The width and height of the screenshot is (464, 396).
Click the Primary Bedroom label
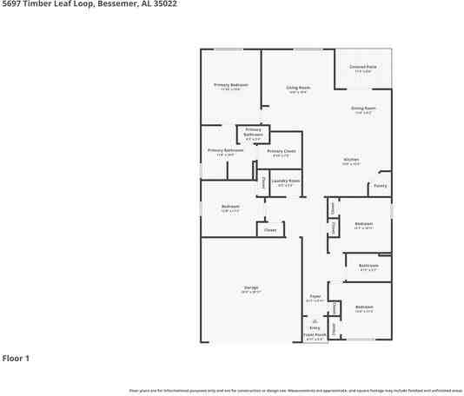(x=231, y=84)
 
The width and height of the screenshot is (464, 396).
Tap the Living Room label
(x=299, y=88)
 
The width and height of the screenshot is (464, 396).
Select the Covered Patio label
(x=363, y=67)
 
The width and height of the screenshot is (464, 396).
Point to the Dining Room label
(x=362, y=108)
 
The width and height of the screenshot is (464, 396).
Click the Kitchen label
(x=351, y=160)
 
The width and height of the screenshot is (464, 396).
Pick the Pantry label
(x=380, y=185)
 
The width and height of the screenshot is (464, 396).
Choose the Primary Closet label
(x=282, y=151)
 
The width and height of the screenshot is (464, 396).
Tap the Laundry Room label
(x=285, y=181)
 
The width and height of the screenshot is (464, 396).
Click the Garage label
(x=250, y=287)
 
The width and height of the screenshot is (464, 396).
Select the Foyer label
(x=315, y=296)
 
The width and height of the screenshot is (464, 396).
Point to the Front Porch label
(x=315, y=334)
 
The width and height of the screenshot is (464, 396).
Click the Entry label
(x=315, y=327)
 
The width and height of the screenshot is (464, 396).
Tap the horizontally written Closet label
(x=270, y=230)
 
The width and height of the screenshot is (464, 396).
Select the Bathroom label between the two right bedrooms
(x=368, y=265)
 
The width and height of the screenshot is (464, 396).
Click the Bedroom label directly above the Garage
(x=230, y=206)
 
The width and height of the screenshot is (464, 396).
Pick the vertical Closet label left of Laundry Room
(x=264, y=182)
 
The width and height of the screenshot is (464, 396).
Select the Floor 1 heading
(x=17, y=358)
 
